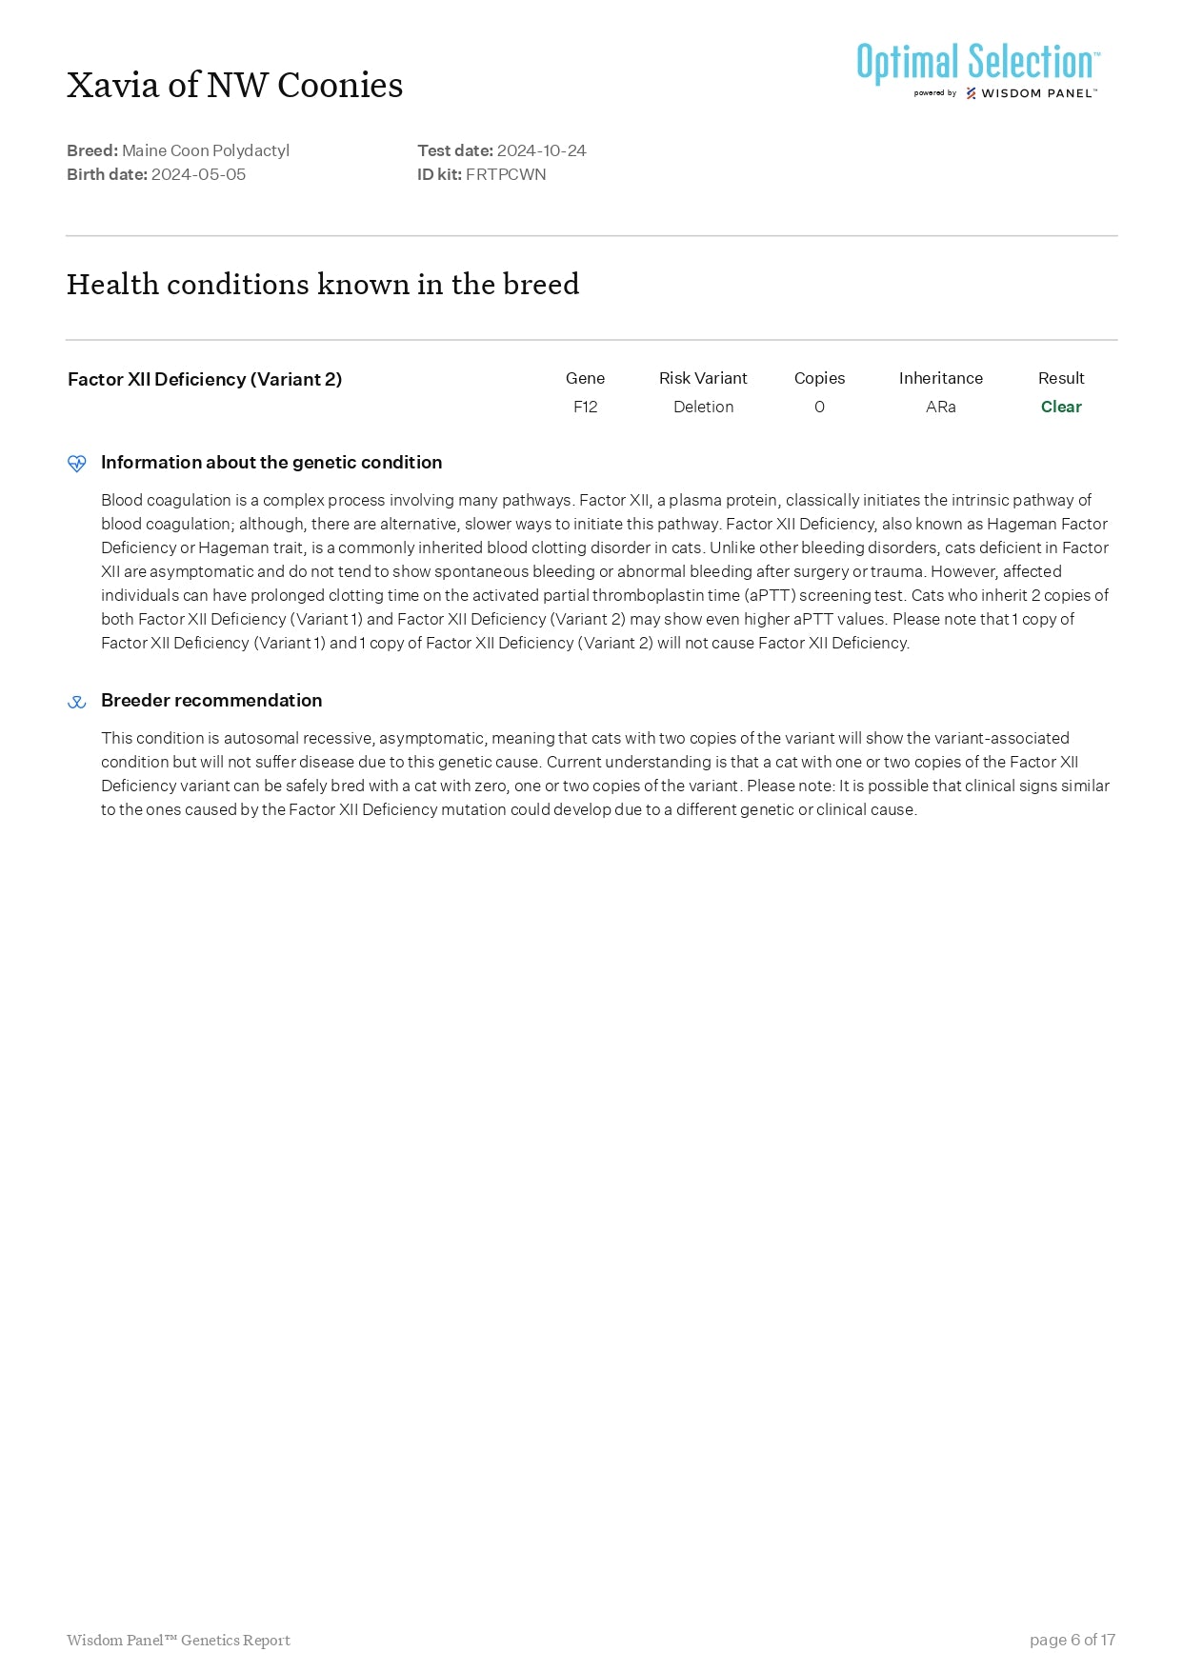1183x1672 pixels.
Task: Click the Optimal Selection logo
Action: (x=977, y=70)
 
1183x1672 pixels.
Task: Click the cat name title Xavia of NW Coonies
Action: (x=234, y=86)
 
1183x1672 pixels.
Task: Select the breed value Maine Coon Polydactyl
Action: (x=206, y=150)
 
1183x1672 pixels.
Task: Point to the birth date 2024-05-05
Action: (x=198, y=174)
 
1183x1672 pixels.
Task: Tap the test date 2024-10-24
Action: (x=541, y=150)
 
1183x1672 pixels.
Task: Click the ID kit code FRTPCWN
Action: (x=506, y=174)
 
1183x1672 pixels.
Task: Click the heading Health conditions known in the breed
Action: (x=322, y=284)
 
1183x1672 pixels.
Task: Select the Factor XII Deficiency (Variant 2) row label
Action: (x=205, y=379)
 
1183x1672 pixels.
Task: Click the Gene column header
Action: (x=585, y=378)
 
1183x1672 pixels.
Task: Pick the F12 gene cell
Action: (x=585, y=407)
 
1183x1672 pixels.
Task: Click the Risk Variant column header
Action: (x=703, y=378)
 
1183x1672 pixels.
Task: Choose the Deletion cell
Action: (x=703, y=407)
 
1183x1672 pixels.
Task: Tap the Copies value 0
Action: (x=819, y=407)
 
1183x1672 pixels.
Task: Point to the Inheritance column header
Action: (x=940, y=378)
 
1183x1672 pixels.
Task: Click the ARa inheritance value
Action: (x=940, y=407)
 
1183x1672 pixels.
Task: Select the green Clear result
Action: (x=1061, y=407)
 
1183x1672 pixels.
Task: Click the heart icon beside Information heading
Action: (x=77, y=463)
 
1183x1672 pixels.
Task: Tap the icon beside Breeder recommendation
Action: (x=77, y=702)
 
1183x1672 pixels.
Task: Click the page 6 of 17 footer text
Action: (x=1072, y=1640)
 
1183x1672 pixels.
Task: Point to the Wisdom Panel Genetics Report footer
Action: (x=178, y=1640)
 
